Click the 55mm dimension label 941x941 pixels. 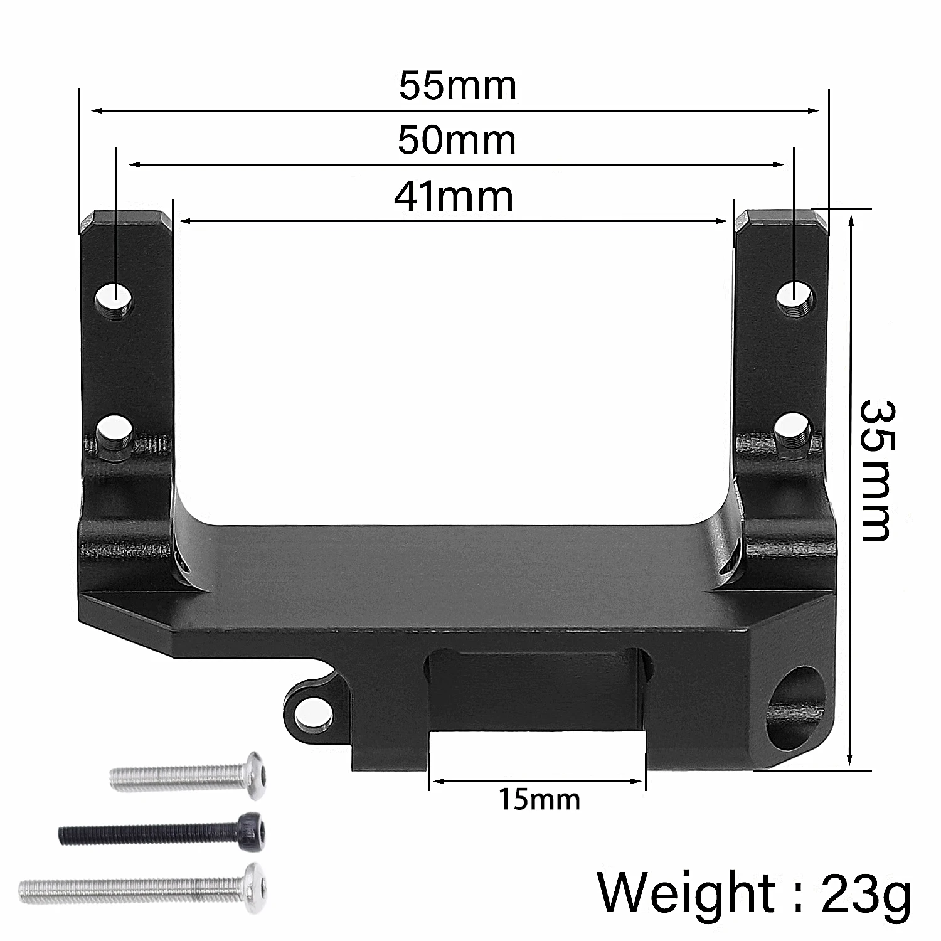tap(457, 86)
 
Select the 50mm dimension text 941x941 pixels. tap(457, 141)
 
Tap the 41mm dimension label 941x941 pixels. tap(454, 196)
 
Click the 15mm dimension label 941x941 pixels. tap(540, 800)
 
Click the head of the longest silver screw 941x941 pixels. tap(253, 881)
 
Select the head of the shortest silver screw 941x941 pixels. tap(253, 775)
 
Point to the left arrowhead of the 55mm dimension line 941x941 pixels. tap(96, 111)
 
